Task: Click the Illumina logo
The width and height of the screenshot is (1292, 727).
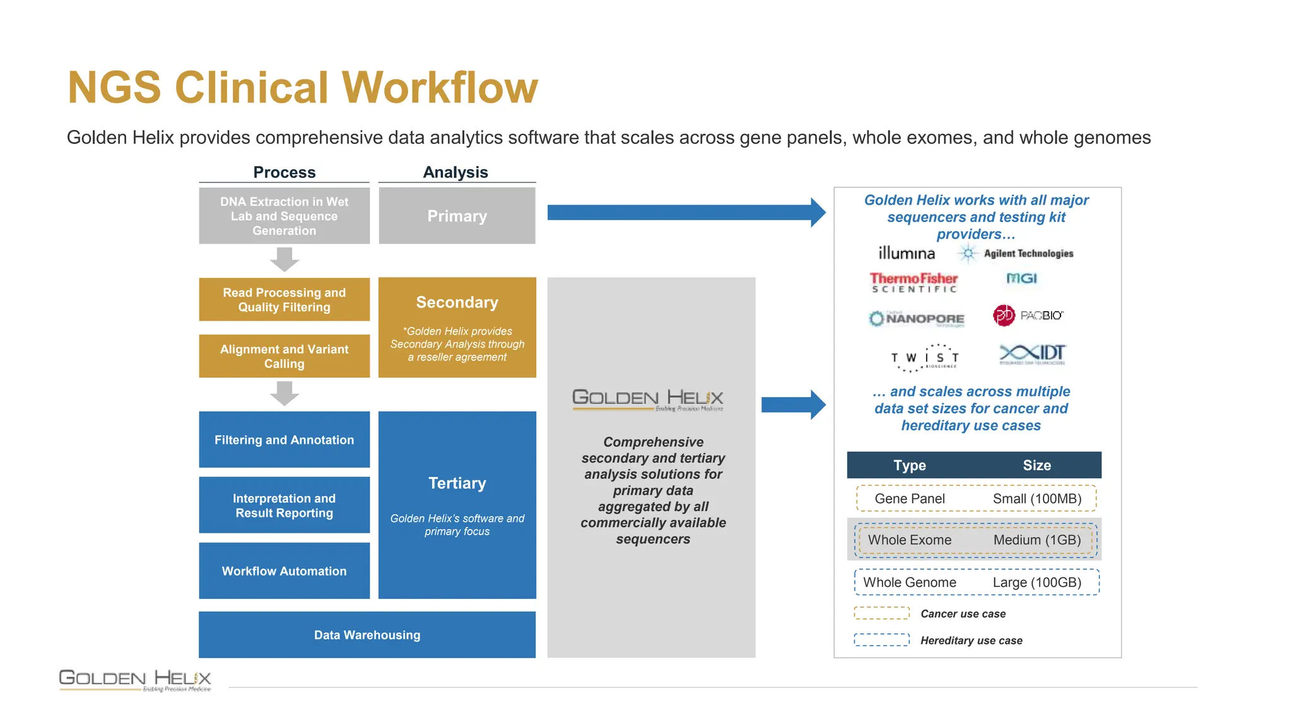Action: coord(907,253)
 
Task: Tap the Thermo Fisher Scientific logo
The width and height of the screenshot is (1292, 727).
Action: coord(913,282)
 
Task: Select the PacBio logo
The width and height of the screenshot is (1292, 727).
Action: coord(1028,315)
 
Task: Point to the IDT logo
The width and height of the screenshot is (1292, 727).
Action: coord(1033,354)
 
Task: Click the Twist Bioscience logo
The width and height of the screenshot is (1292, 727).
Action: coord(925,358)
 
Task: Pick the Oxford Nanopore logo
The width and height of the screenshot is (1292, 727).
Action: coord(917,318)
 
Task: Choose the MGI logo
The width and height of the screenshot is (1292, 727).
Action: coord(1021,278)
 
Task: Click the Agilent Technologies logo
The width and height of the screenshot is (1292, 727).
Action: coord(1016,253)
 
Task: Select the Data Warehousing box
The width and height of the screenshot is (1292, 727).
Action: coord(367,635)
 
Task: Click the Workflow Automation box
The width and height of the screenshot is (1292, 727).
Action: coord(285,570)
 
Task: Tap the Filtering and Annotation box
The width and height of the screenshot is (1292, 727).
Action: coord(285,440)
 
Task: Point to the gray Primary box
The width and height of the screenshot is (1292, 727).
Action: coord(457,216)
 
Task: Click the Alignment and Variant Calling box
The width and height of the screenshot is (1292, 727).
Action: coord(285,356)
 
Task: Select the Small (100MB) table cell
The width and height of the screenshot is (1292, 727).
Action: coord(1037,499)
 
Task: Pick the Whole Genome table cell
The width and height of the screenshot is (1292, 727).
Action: coord(910,582)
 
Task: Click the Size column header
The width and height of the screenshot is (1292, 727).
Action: coord(1037,465)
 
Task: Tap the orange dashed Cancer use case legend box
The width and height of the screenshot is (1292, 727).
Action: coord(881,613)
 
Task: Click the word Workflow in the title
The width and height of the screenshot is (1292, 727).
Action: coord(440,87)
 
